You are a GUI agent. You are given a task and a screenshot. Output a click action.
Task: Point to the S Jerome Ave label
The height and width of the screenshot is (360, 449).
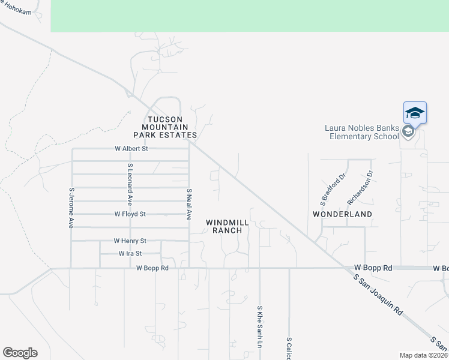[71, 208]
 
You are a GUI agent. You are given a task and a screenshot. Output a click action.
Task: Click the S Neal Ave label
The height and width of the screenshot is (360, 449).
[189, 204]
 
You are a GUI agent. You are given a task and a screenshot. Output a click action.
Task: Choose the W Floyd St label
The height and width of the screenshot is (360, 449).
[130, 214]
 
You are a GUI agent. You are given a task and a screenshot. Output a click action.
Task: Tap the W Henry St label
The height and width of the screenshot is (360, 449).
[130, 241]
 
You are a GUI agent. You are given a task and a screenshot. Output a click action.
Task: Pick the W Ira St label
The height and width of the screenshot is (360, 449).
[130, 254]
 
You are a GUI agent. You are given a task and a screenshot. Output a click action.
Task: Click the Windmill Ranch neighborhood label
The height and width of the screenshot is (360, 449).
[228, 226]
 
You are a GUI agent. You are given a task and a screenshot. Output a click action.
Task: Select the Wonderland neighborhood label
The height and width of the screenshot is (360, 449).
[343, 214]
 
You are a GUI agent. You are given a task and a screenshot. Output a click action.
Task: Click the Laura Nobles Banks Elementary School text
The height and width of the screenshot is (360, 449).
[361, 132]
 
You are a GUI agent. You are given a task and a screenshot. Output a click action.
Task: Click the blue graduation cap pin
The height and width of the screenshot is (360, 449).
[415, 112]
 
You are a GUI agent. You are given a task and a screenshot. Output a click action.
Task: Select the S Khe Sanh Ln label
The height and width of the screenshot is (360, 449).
[260, 327]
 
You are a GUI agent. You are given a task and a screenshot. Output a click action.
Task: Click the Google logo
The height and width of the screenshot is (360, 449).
[20, 353]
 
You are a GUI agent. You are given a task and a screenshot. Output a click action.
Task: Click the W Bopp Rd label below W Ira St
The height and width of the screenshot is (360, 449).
[152, 268]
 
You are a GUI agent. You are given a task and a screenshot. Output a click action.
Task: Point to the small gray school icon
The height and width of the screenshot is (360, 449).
[408, 132]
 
